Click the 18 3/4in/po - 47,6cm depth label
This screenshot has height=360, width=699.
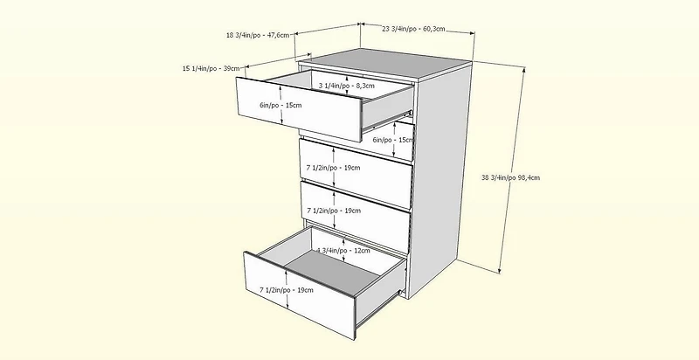point(258,35)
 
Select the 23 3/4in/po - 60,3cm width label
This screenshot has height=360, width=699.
point(413,29)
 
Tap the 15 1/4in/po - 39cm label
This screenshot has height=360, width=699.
point(211,68)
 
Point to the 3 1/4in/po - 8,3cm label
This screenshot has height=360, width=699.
point(346,86)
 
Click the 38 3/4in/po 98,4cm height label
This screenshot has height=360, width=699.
point(510,177)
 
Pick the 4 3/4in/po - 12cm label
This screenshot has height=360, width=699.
point(343,251)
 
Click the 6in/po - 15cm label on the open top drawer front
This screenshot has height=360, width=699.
point(280,105)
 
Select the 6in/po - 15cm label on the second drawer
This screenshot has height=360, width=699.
point(392,140)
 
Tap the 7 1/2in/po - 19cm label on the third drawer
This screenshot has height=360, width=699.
point(333,168)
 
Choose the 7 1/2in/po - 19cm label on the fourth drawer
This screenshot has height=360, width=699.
point(334,211)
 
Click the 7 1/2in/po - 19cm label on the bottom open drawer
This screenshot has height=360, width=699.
point(287,290)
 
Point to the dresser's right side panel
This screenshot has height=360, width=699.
point(440,178)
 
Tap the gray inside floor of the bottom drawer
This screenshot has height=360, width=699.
point(332,274)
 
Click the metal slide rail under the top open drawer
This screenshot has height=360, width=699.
point(387,121)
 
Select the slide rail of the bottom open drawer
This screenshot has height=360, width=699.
point(381,308)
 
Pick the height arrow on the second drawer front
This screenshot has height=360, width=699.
point(395,139)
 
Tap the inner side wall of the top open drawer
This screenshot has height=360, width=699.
point(387,107)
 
